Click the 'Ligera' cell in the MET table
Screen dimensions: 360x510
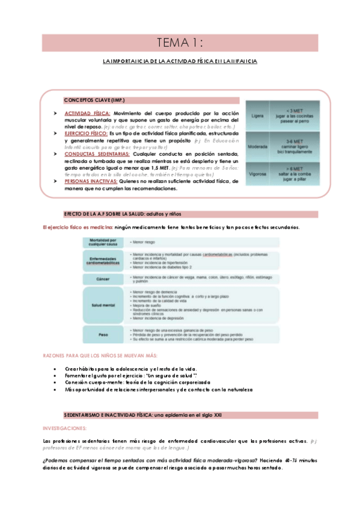[x=258, y=114]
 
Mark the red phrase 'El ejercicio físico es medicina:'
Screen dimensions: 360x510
[x=73, y=227]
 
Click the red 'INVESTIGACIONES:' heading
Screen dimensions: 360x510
[x=65, y=428]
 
